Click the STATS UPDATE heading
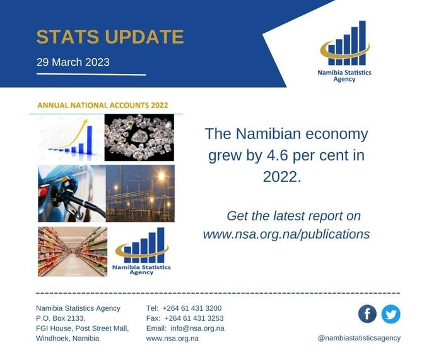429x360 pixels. (x=110, y=37)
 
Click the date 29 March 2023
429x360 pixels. (x=73, y=62)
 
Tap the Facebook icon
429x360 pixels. (x=367, y=313)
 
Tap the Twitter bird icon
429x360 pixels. (x=391, y=313)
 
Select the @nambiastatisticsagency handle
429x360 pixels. (x=359, y=338)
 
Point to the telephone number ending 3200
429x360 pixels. (x=192, y=308)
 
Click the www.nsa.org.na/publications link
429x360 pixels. (x=286, y=234)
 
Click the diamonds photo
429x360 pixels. (x=139, y=137)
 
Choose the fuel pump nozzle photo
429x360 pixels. (x=71, y=193)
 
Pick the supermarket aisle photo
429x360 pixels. (x=72, y=251)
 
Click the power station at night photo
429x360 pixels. (x=140, y=193)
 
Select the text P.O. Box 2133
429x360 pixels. (x=61, y=318)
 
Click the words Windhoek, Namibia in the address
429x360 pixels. (x=68, y=338)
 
